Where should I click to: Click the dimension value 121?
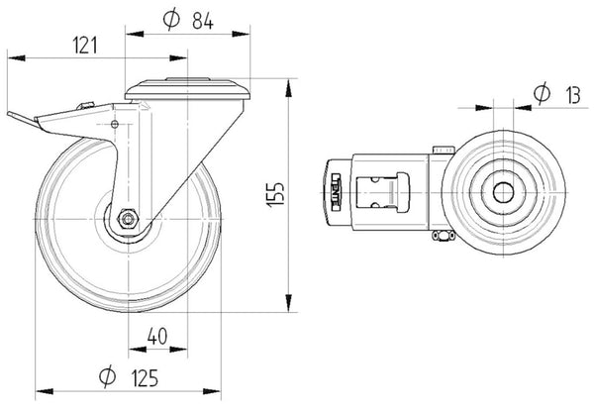coord(85,44)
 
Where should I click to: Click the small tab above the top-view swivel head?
coord(442,148)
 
